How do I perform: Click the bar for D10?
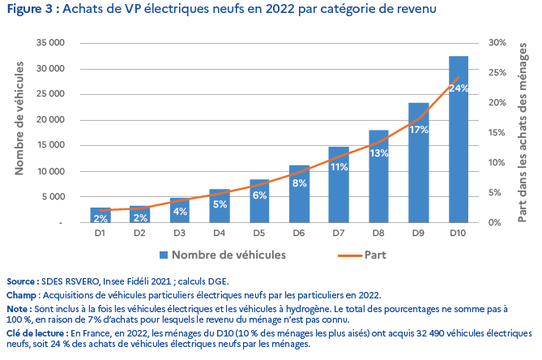[x=458, y=146]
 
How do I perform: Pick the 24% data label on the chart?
[x=458, y=88]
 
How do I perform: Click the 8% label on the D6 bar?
[x=299, y=183]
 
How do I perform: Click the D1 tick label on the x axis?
[x=100, y=234]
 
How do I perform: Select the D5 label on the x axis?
[x=259, y=234]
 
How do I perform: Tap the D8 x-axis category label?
[x=378, y=234]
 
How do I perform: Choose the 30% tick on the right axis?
[x=497, y=42]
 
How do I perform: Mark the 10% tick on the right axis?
[x=497, y=162]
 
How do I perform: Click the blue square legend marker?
[x=164, y=255]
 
